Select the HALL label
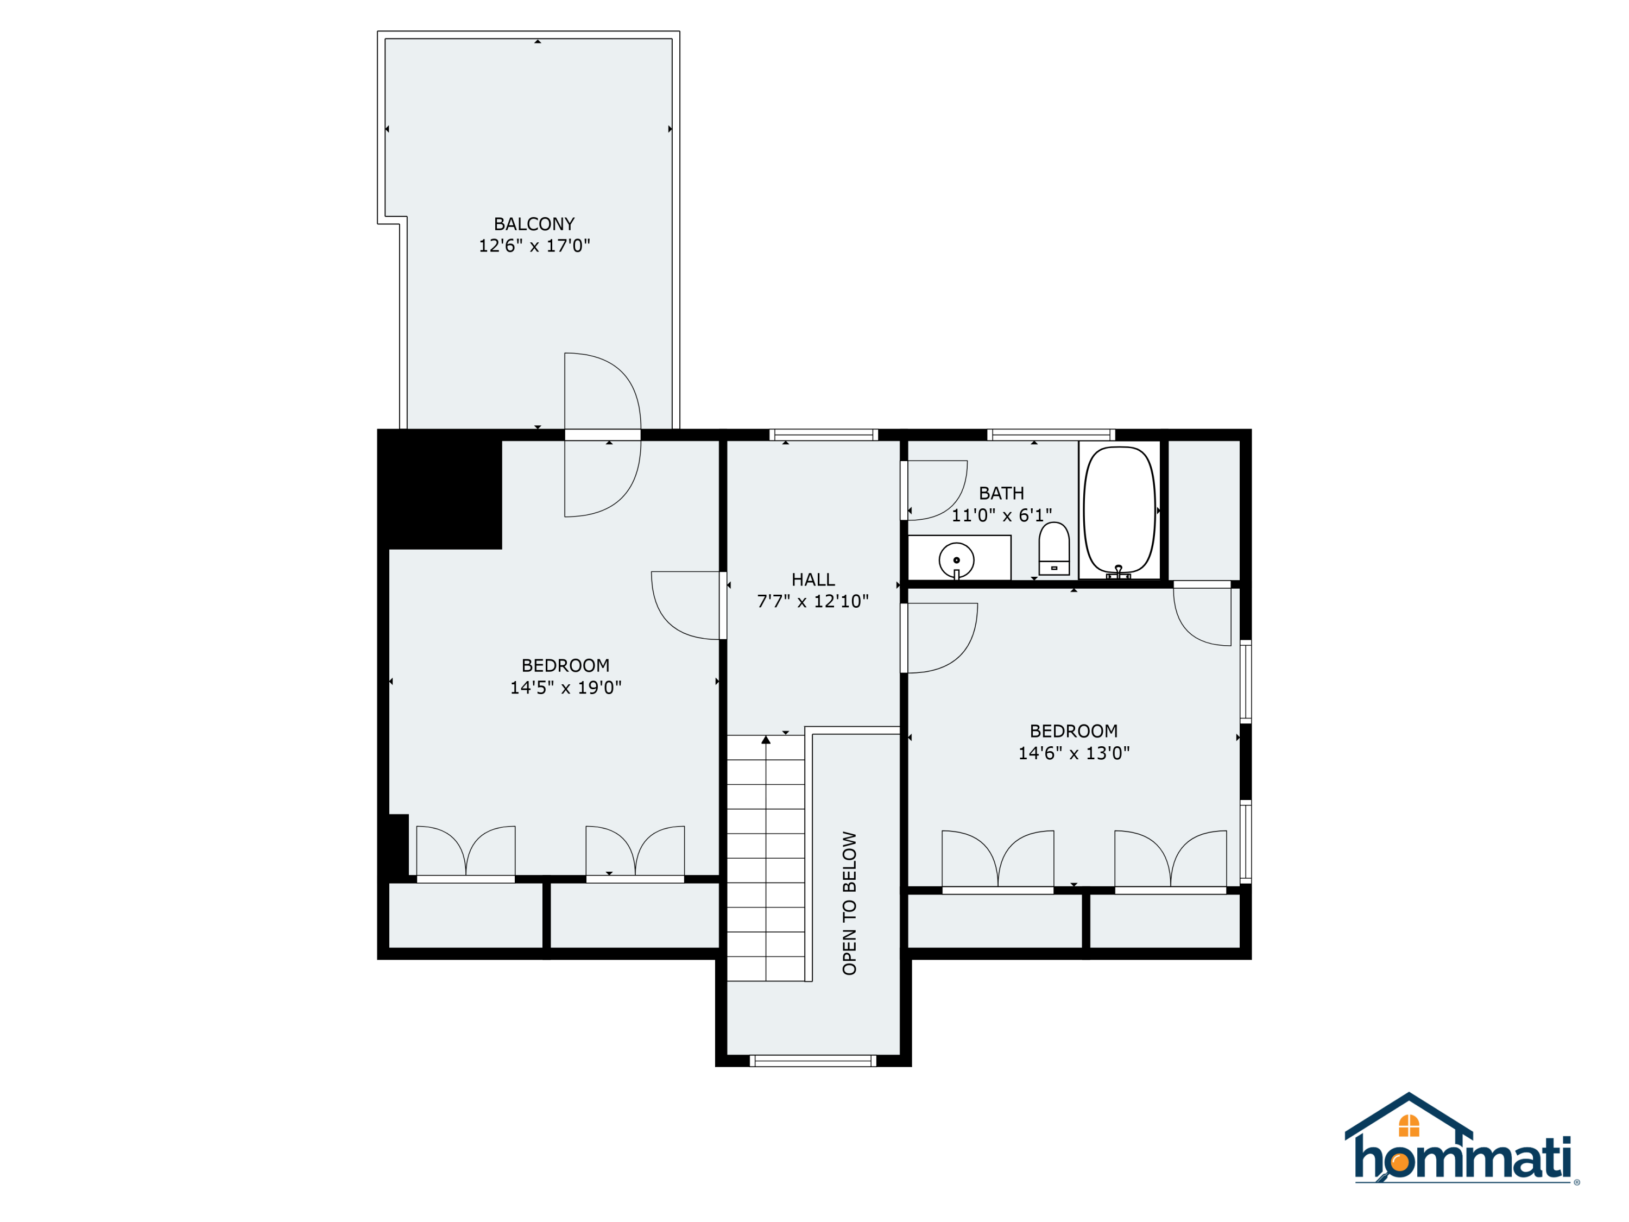tap(813, 579)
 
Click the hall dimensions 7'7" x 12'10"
tap(813, 602)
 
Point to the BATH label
tap(1001, 494)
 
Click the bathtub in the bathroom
tap(1119, 510)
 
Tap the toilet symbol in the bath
tap(1054, 549)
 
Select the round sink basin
tap(957, 560)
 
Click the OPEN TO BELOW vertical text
tap(849, 904)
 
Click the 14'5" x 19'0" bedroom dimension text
tap(566, 688)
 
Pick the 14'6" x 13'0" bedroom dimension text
tap(1074, 753)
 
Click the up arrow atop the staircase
tap(766, 740)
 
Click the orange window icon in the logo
tap(1409, 1125)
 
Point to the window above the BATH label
tap(1051, 434)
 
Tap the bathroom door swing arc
tap(937, 490)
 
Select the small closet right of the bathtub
tap(1204, 510)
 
